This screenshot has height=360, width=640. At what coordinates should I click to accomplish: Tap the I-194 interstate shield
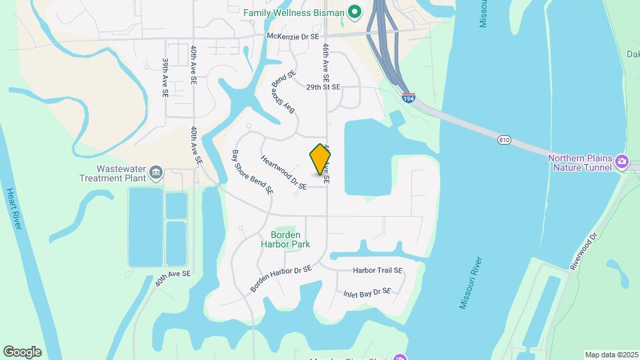pyautogui.click(x=409, y=99)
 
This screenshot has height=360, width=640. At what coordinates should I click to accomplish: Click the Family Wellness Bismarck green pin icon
pyautogui.click(x=355, y=12)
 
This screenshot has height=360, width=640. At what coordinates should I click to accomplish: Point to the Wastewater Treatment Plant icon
pyautogui.click(x=155, y=173)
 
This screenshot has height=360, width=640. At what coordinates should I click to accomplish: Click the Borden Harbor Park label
pyautogui.click(x=291, y=239)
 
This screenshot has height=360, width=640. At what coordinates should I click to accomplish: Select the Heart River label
pyautogui.click(x=14, y=209)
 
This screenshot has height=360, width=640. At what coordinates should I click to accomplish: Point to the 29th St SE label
pyautogui.click(x=323, y=87)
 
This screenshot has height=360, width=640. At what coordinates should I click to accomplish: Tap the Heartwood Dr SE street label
pyautogui.click(x=283, y=173)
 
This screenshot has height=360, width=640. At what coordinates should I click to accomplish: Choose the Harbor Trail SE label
pyautogui.click(x=378, y=271)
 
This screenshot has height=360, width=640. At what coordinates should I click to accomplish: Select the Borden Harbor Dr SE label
pyautogui.click(x=281, y=279)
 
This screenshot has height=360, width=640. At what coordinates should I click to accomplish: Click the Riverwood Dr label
pyautogui.click(x=586, y=251)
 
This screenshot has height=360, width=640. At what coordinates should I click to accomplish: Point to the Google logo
pyautogui.click(x=22, y=352)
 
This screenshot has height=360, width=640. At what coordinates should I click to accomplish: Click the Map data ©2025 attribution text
pyautogui.click(x=611, y=355)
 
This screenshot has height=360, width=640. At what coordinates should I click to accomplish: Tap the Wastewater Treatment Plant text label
pyautogui.click(x=112, y=173)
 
